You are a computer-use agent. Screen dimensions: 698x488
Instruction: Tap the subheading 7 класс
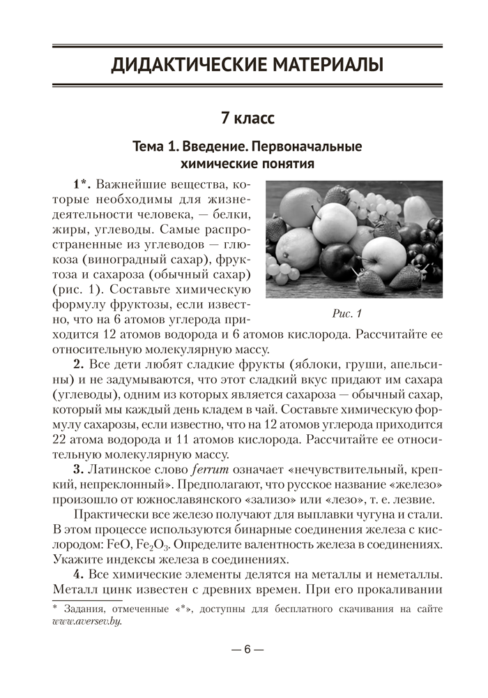pyautogui.click(x=247, y=118)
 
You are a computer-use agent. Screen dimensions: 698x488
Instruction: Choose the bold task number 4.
pyautogui.click(x=79, y=574)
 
